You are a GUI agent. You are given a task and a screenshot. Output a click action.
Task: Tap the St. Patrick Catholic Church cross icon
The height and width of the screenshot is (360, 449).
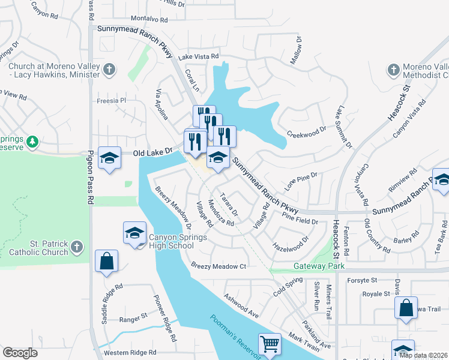pos(76,247)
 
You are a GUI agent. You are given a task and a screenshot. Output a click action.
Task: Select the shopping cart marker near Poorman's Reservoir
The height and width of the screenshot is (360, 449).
pos(270,344)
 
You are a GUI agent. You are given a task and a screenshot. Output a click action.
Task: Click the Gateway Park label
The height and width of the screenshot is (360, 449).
pos(313,266)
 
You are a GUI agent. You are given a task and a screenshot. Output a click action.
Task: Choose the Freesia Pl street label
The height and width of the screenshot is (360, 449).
pos(112,101)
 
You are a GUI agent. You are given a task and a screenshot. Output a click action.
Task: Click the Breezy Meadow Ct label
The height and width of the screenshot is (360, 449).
pos(218,266)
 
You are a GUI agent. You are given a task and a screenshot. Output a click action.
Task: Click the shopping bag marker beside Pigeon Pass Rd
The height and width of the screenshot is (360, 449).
pos(106,261)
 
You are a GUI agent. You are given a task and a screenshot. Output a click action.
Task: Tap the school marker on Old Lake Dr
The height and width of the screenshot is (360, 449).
pos(109,158)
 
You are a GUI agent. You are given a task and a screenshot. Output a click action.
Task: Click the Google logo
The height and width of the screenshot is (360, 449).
pos(20,353)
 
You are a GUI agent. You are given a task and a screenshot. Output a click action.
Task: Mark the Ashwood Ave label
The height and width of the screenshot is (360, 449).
pos(241,306)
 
